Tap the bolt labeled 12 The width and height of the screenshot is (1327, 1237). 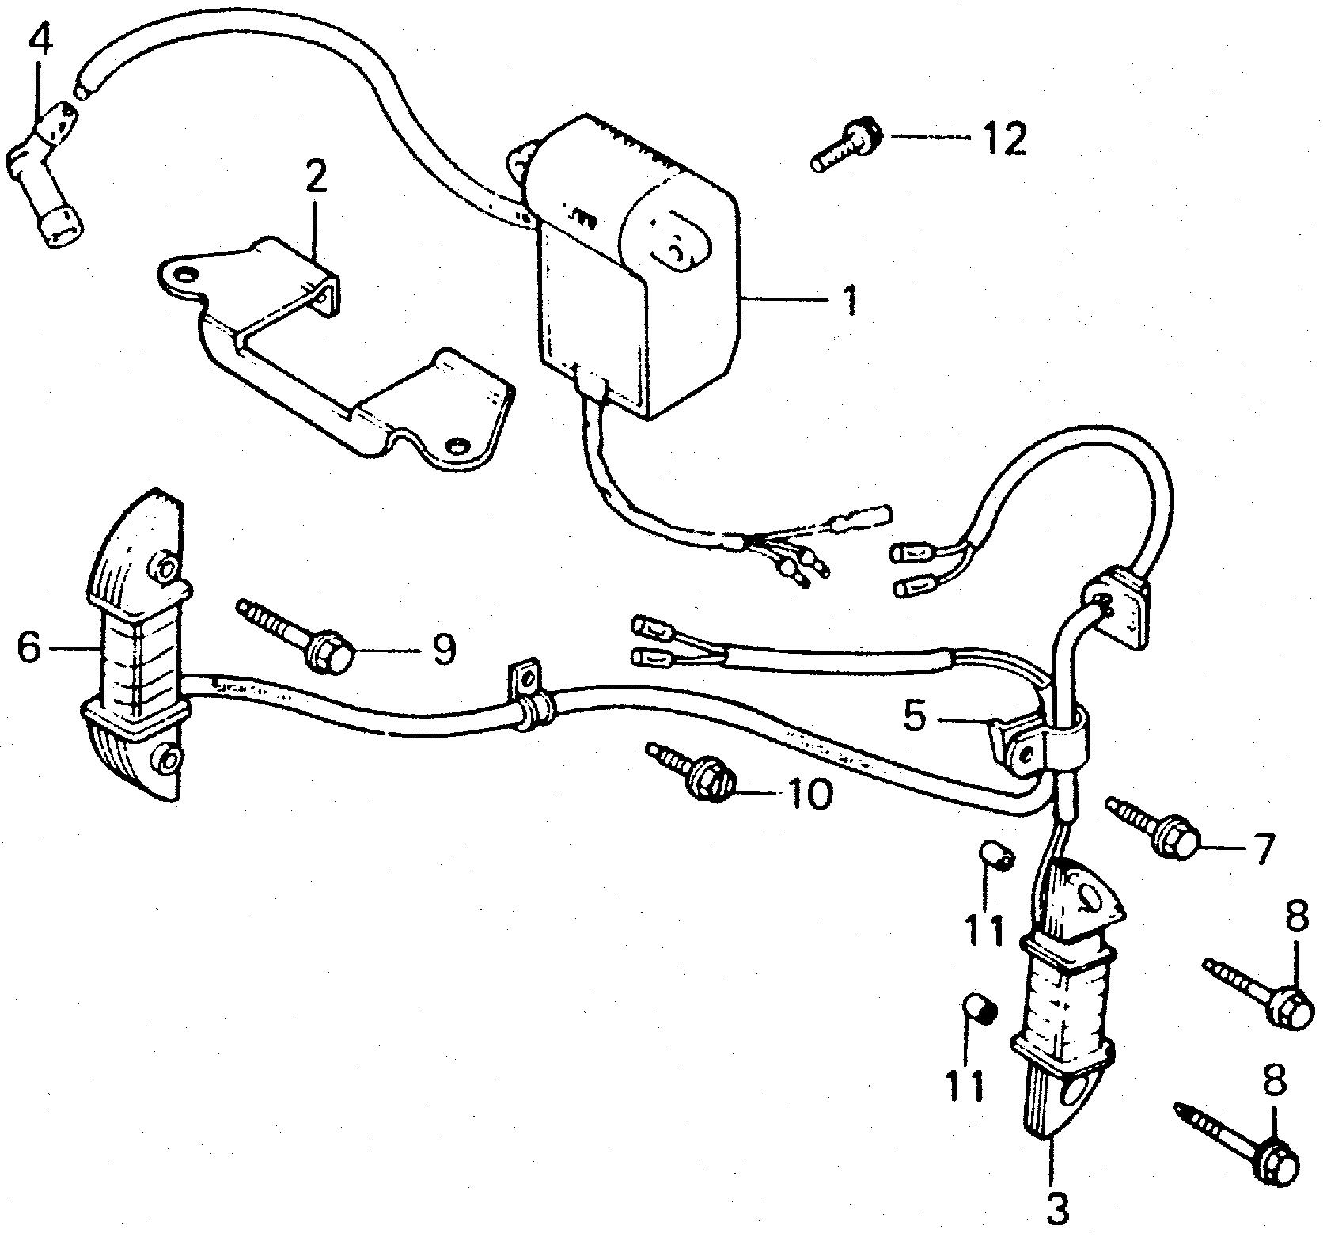(844, 146)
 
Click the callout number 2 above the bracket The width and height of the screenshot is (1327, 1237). (315, 180)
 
